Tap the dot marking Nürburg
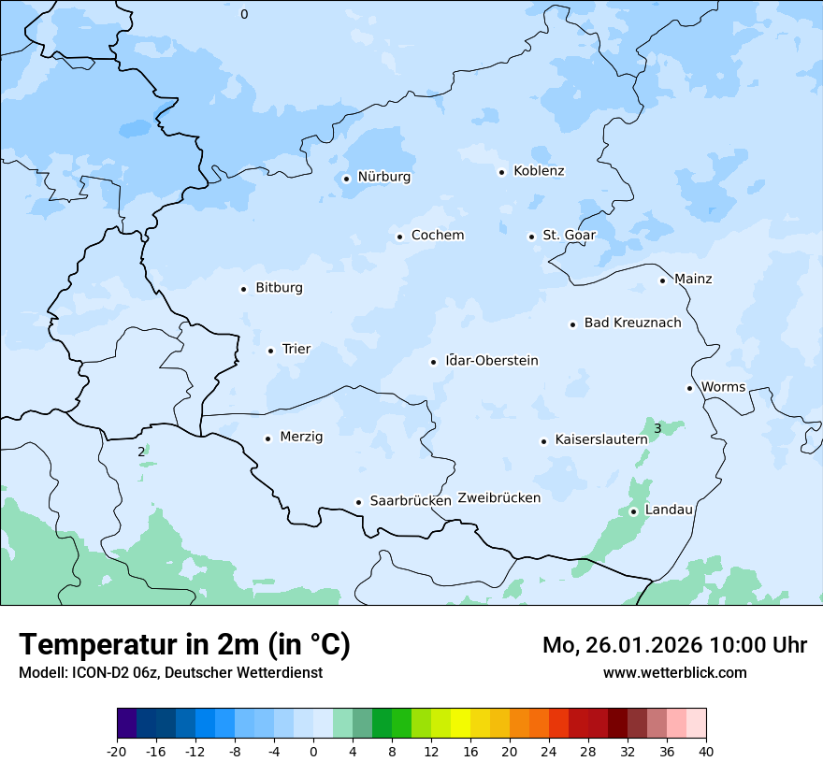pos(346,178)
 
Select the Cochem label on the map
pos(437,236)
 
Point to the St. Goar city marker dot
pos(531,237)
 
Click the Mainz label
pos(693,280)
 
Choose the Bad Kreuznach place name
pos(632,323)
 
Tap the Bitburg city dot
pos(243,289)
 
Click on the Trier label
pos(296,350)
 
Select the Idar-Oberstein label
pos(492,361)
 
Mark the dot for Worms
pos(689,388)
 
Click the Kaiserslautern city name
pos(600,439)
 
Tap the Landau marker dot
pos(633,511)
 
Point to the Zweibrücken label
pos(498,498)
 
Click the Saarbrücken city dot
pos(358,502)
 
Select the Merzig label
pos(301,438)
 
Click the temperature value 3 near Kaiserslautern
pos(657,429)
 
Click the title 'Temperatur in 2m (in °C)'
pos(184,645)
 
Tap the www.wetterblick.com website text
pos(674,673)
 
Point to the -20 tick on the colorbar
pos(117,752)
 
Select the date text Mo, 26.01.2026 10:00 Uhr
pos(674,645)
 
